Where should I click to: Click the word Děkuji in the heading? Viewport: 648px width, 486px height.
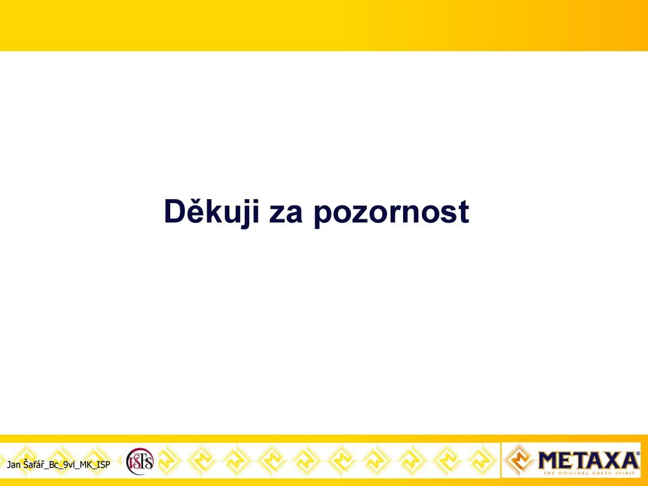211,211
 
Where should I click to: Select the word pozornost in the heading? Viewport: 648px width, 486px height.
391,214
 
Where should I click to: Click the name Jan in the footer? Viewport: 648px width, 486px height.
13,464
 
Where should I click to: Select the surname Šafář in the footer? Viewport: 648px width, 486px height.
34,464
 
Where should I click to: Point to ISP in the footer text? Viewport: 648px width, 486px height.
103,464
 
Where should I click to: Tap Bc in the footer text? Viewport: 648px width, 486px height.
54,464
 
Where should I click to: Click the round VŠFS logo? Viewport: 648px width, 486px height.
140,461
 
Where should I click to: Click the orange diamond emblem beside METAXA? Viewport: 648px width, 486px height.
518,460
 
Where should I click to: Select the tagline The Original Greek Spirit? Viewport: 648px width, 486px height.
589,473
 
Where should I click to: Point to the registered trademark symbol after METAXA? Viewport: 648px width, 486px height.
638,454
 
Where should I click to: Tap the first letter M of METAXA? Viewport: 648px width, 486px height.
550,460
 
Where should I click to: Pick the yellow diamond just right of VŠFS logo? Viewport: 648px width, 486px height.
167,460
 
